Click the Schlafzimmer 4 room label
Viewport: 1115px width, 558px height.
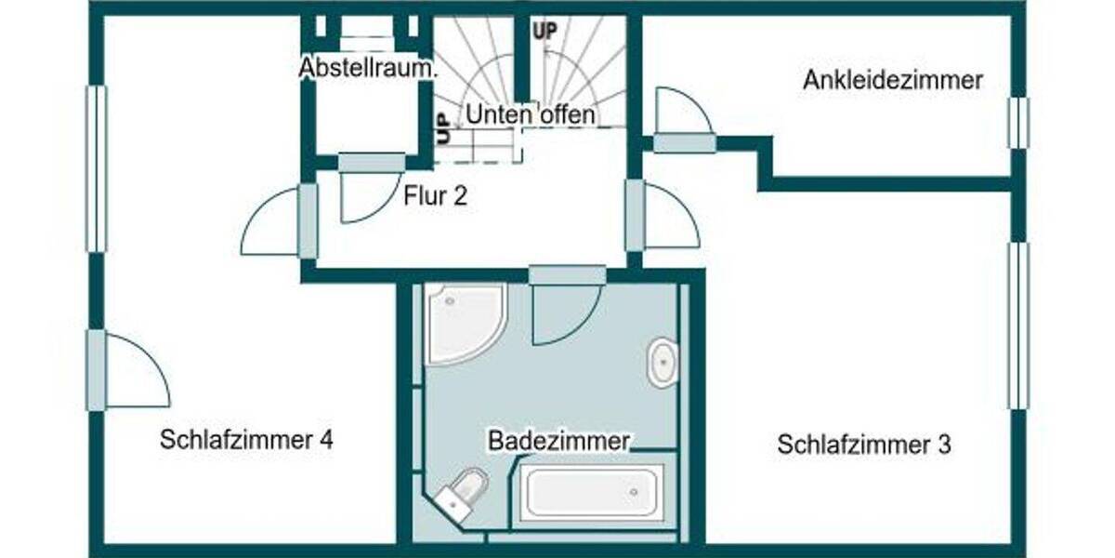246,440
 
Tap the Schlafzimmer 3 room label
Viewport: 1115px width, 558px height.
864,445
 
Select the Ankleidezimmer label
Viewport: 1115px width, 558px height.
892,81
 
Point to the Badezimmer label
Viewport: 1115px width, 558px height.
559,440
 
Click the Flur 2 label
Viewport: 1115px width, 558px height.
435,196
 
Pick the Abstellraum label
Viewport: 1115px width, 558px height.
368,69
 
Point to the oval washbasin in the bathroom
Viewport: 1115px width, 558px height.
662,362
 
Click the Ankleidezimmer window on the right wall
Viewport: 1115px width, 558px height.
1019,122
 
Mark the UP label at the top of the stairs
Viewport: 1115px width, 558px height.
545,30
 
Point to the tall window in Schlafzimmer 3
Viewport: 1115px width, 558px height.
1019,325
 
